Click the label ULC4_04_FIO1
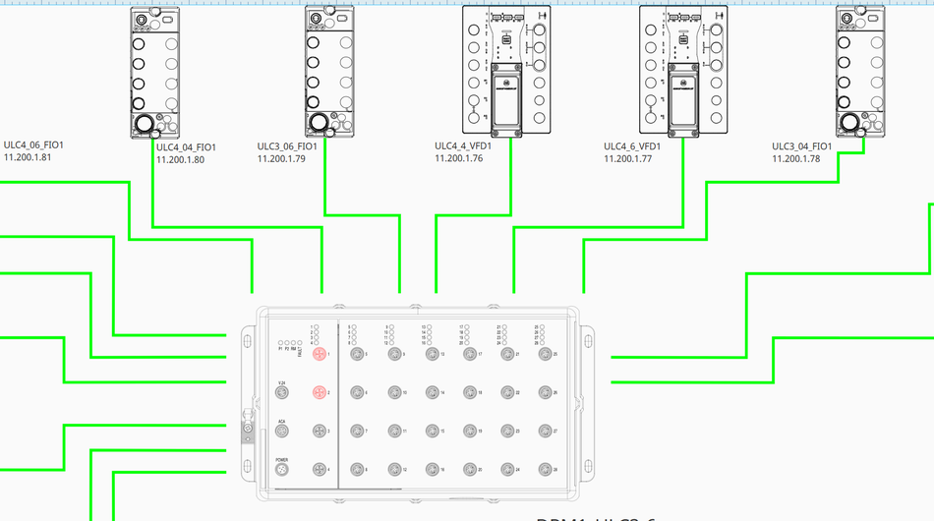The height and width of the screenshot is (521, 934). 186,147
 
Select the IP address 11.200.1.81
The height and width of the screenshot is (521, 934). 29,157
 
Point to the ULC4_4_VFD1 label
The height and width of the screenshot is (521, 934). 463,146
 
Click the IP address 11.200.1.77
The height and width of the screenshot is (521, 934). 630,158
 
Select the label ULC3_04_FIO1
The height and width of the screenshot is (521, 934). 802,146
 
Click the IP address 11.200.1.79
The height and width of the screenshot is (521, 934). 282,158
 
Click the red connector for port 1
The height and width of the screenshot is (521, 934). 319,354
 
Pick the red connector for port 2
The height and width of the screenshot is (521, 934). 319,392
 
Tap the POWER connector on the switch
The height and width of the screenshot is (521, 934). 281,470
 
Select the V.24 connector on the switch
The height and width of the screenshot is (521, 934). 281,393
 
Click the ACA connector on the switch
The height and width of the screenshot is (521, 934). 281,432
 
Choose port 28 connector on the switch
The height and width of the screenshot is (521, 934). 545,470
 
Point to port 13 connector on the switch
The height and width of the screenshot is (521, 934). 432,355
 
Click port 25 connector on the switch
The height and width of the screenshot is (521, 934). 545,354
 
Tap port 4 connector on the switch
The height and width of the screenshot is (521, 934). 319,470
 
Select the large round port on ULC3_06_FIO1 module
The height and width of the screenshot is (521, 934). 319,123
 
